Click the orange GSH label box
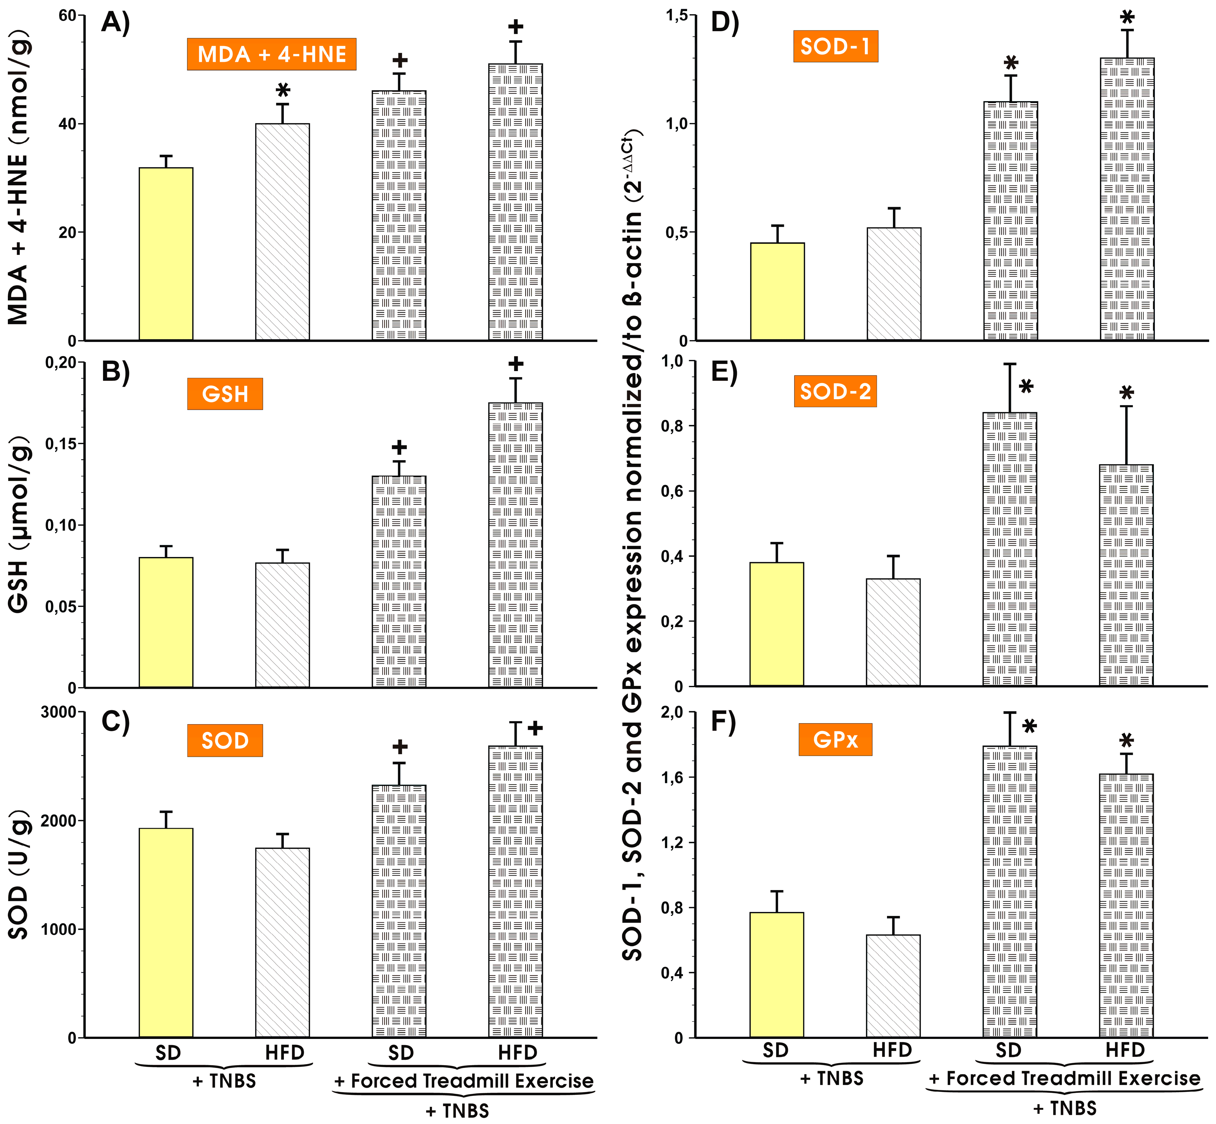(x=225, y=394)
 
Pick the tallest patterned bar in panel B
(x=515, y=544)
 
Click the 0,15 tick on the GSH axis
(x=61, y=444)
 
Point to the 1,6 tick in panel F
(x=672, y=777)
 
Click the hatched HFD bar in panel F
(x=893, y=985)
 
